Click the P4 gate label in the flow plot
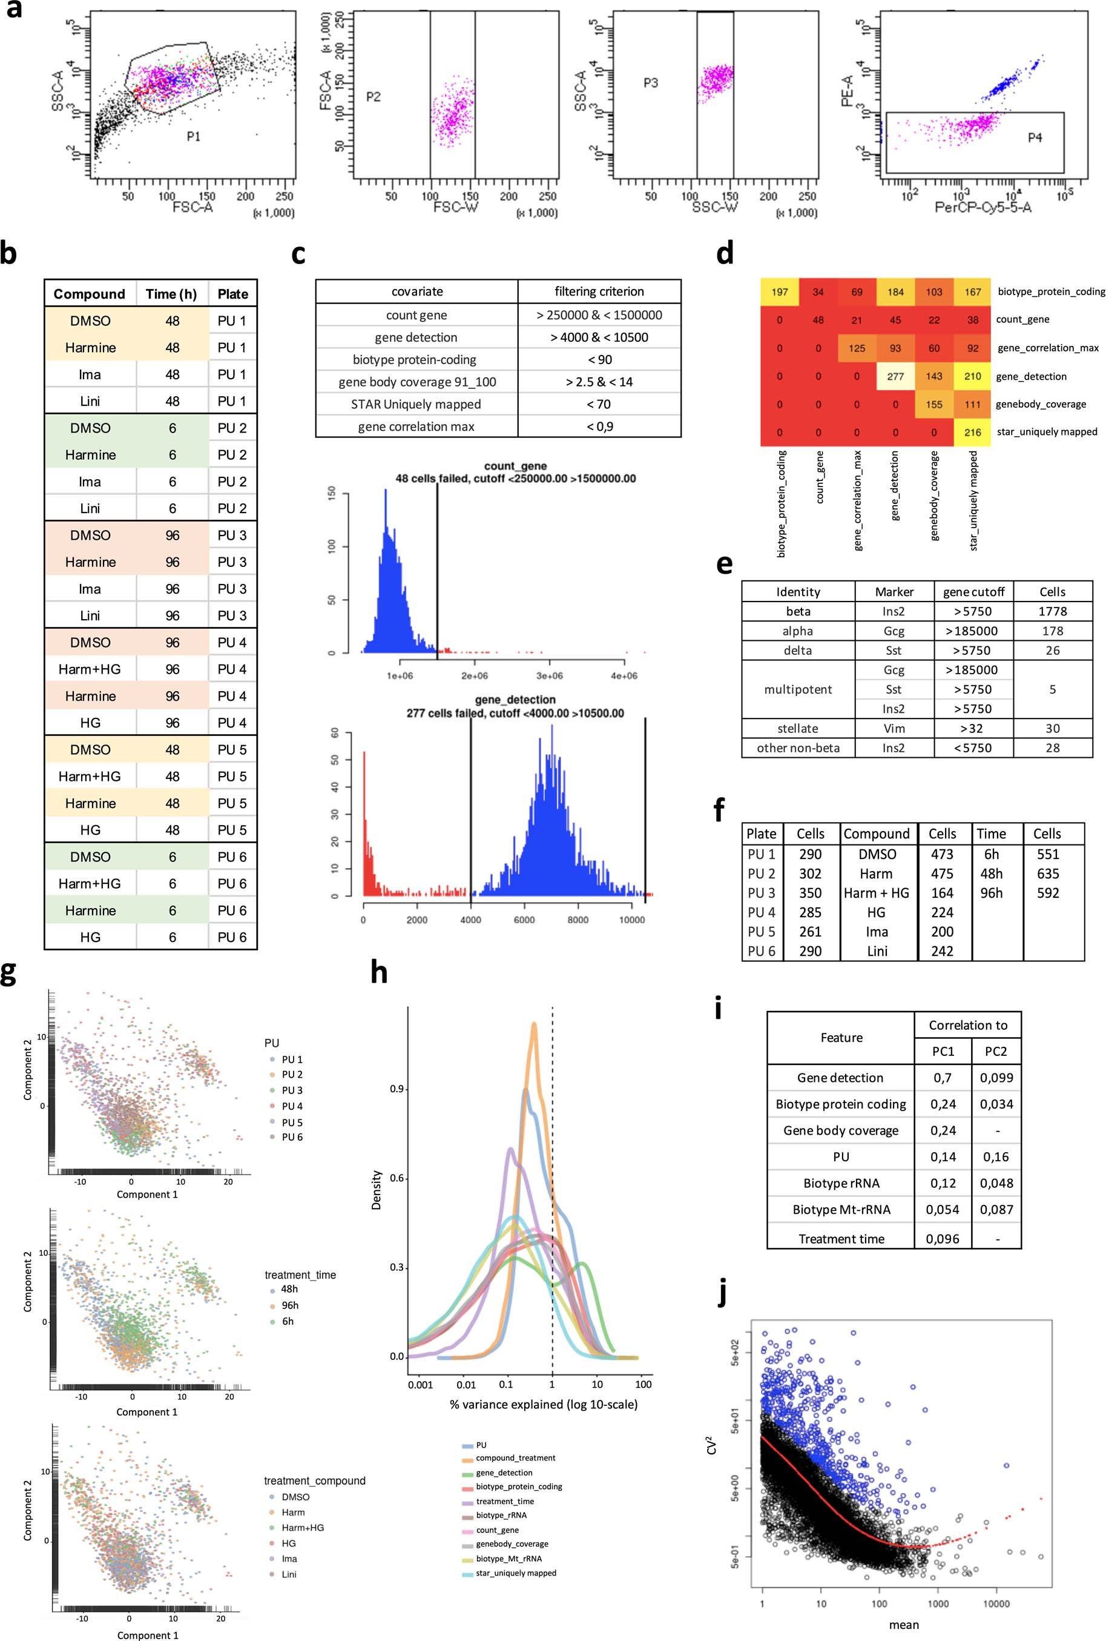(x=1034, y=138)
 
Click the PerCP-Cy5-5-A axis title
(x=983, y=208)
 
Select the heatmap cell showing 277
(x=895, y=376)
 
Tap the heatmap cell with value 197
(x=780, y=292)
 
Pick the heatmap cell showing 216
(x=973, y=432)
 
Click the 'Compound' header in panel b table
(x=90, y=294)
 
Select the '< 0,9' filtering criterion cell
(x=599, y=426)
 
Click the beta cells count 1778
(x=1052, y=611)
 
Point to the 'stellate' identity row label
(x=798, y=728)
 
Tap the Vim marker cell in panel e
(x=894, y=728)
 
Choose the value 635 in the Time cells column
(x=1047, y=874)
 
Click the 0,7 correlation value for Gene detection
(x=943, y=1078)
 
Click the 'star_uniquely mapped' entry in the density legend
(x=516, y=1573)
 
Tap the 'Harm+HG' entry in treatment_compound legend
(x=303, y=1527)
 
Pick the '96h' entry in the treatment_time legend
(x=289, y=1305)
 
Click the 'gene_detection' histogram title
(x=515, y=700)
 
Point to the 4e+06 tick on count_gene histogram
(x=624, y=675)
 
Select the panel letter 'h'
(x=379, y=973)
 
